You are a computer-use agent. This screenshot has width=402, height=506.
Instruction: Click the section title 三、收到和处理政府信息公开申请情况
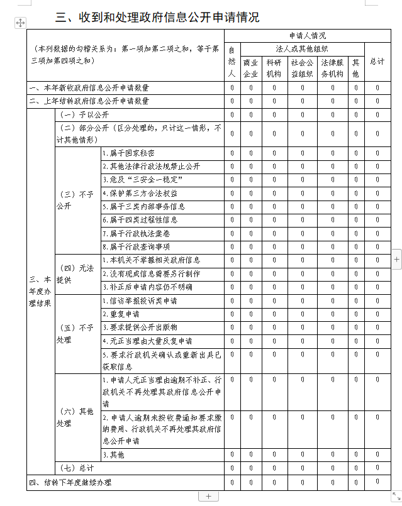[157, 17]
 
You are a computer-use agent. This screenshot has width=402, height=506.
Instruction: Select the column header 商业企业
[250, 68]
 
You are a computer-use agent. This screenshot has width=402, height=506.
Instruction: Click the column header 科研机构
[274, 68]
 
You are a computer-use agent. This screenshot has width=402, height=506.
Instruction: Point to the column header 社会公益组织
[301, 68]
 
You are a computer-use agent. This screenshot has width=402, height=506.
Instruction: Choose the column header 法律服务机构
[332, 68]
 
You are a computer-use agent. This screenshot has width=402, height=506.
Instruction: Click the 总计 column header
[377, 62]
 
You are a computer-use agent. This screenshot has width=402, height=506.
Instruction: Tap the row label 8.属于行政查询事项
[136, 247]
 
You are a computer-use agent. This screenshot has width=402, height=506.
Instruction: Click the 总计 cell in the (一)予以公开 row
[377, 114]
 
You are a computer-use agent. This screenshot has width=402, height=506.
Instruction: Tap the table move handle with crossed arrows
[20, 23]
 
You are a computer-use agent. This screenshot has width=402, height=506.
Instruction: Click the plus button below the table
[208, 497]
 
